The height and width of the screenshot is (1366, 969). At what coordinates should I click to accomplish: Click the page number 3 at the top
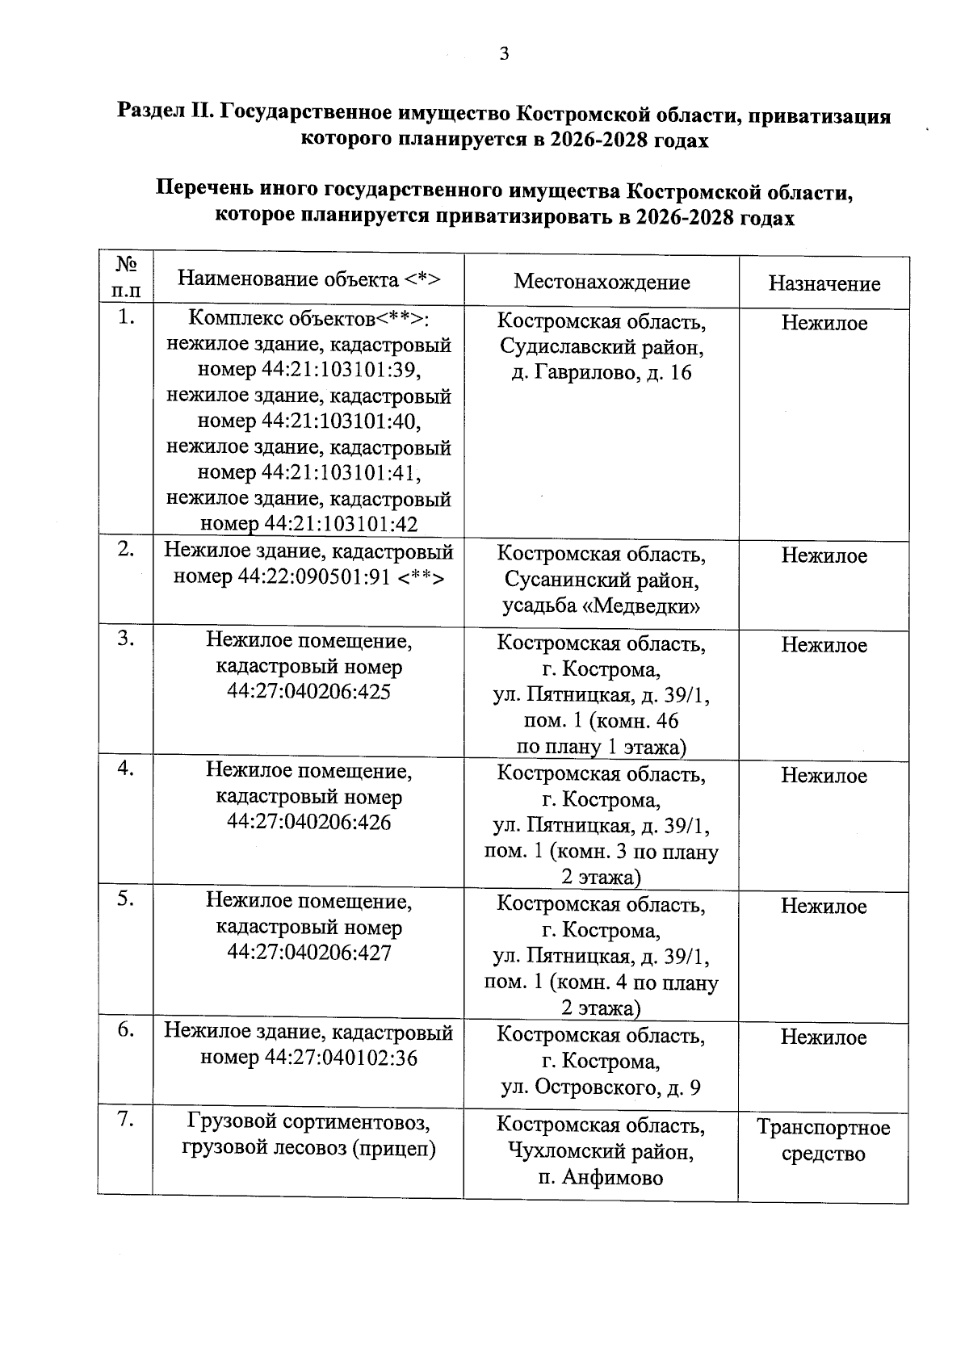pos(505,54)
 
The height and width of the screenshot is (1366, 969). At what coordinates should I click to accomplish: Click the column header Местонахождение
pos(602,282)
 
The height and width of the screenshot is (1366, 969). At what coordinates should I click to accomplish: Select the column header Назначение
pos(824,283)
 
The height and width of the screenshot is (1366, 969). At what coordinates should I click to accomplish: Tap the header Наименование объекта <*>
pos(308,279)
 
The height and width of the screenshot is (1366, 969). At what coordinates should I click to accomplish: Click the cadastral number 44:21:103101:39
pos(341,371)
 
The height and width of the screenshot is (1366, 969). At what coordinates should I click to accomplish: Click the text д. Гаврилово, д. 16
pos(602,373)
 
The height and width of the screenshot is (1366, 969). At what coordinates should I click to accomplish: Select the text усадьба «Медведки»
pos(601,606)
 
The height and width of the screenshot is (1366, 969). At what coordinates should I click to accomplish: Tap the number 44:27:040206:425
pos(308,692)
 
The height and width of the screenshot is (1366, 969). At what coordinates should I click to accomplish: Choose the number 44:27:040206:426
pos(308,823)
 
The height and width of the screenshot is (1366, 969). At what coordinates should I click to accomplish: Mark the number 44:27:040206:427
pos(308,953)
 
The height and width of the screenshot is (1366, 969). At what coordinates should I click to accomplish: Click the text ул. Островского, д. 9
pos(601,1087)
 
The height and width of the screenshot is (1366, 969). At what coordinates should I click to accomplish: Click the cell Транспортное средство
pos(823,1140)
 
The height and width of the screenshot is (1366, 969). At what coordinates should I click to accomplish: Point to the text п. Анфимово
pos(601,1178)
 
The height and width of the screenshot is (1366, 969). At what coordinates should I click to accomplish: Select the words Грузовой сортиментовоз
pos(308,1121)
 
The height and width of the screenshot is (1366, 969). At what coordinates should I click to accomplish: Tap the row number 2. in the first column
pos(125,549)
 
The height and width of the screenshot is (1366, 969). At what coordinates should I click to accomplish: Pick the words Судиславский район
pos(601,347)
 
